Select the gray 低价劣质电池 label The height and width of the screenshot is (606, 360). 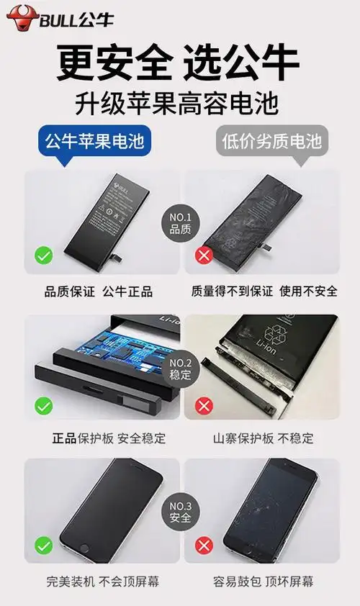269,141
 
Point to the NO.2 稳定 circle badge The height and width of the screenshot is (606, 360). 180,368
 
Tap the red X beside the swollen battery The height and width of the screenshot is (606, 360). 204,255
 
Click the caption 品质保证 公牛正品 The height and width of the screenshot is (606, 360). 99,291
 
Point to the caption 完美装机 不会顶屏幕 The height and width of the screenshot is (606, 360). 99,581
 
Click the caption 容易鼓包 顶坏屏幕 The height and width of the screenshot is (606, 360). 264,581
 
